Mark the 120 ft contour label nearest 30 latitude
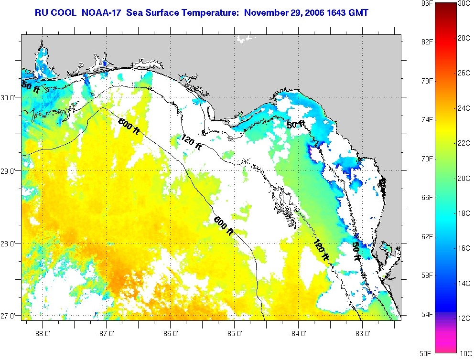192,141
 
